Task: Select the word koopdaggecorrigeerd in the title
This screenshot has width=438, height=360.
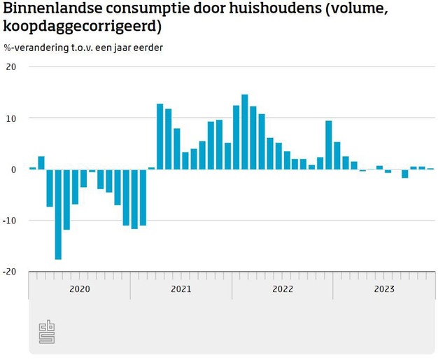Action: click(x=80, y=27)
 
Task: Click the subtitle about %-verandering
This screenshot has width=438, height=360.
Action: click(x=87, y=48)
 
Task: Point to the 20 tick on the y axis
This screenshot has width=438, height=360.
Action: click(x=10, y=67)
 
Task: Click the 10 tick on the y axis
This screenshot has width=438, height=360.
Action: click(x=10, y=118)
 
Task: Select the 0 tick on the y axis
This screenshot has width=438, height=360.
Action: click(x=13, y=169)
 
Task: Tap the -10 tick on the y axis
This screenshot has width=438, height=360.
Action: click(x=9, y=221)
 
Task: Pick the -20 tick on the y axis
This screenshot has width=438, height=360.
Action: click(x=9, y=272)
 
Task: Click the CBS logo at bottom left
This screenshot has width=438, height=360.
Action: click(x=47, y=331)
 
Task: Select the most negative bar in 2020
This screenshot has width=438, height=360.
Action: click(x=58, y=214)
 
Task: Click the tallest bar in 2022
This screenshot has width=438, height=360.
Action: click(x=244, y=132)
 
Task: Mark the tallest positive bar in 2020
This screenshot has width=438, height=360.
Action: click(x=41, y=163)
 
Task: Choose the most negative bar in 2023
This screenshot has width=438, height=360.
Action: click(x=404, y=174)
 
